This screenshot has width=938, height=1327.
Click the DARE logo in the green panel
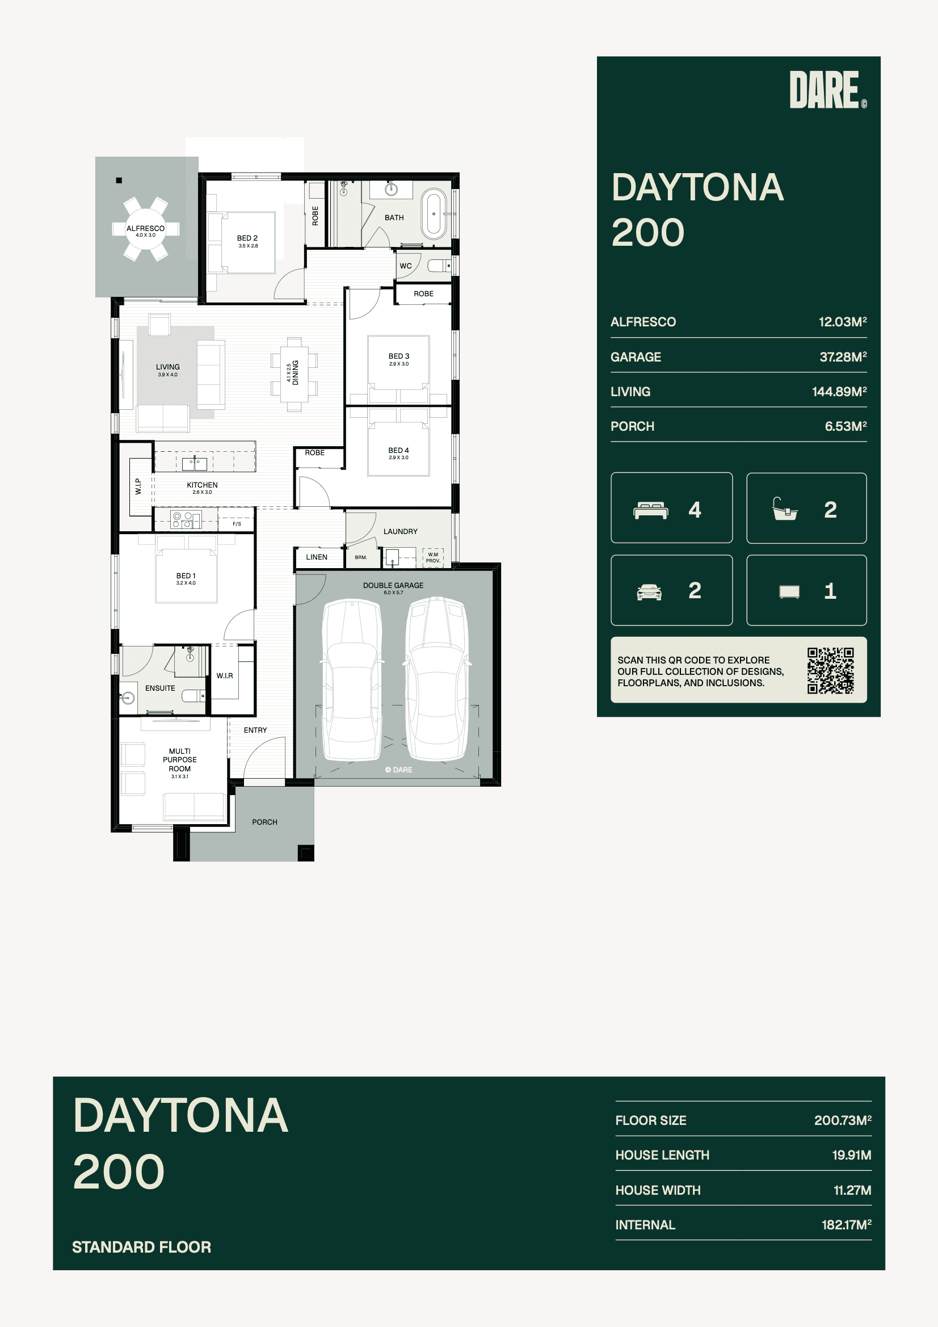[x=827, y=90]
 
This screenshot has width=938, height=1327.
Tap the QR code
[x=831, y=670]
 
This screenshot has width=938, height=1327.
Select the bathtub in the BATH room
[x=434, y=214]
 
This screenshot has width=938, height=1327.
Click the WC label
[x=406, y=266]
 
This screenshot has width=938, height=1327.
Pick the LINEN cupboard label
[x=317, y=557]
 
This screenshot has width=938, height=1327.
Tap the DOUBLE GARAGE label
[x=393, y=586]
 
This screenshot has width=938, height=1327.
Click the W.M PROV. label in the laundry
[x=433, y=558]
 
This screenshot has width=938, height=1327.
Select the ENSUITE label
[x=160, y=688]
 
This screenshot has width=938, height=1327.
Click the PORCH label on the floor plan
[x=264, y=822]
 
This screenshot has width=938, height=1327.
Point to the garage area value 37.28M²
[x=843, y=356]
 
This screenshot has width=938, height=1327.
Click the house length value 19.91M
[x=852, y=1155]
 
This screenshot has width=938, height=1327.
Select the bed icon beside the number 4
[x=651, y=510]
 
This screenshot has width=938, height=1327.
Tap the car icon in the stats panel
[x=649, y=592]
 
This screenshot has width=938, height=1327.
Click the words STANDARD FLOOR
[x=142, y=1246]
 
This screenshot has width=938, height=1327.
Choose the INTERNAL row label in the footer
[x=645, y=1225]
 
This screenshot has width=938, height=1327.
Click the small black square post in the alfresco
[x=119, y=180]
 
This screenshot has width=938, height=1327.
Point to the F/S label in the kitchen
[x=237, y=524]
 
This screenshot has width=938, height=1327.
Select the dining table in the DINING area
[x=294, y=373]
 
